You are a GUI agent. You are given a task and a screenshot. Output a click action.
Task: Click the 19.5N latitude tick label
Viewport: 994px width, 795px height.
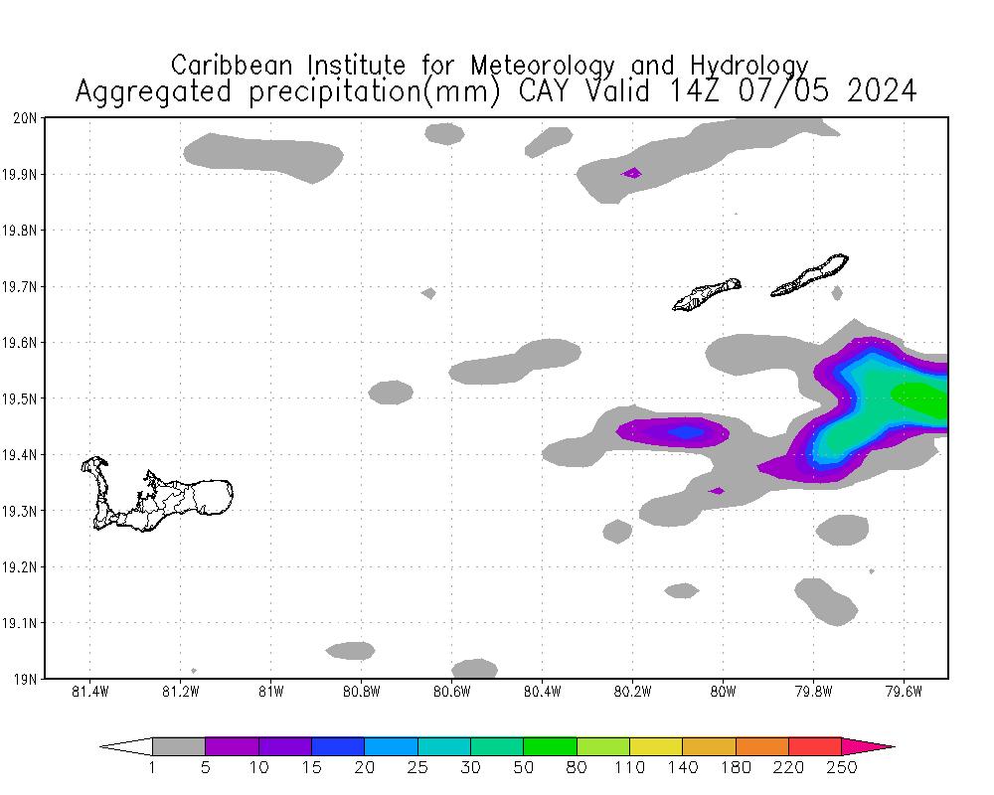[x=25, y=399]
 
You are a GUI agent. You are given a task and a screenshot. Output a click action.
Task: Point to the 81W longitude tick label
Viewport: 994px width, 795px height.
[x=270, y=692]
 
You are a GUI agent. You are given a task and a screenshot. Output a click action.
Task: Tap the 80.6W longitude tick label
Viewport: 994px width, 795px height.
[x=452, y=692]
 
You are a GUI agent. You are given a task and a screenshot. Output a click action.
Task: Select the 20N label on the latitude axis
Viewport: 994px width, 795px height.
[x=27, y=118]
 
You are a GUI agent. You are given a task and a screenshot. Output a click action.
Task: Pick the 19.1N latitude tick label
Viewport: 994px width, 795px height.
[x=25, y=624]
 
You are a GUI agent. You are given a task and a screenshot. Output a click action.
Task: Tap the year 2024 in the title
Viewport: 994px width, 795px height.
[x=879, y=91]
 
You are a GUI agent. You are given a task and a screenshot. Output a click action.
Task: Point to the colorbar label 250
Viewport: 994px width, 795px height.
[x=841, y=767]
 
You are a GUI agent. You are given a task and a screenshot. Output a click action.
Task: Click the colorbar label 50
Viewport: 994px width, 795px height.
[x=523, y=767]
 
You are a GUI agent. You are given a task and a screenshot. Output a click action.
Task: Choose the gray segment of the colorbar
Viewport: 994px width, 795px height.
[x=179, y=746]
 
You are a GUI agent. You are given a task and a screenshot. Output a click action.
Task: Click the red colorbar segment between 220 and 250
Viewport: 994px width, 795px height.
[x=815, y=746]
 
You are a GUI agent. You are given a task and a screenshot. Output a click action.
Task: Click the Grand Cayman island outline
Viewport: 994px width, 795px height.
[x=199, y=496]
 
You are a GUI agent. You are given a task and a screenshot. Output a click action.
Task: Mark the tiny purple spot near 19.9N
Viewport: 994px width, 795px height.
[x=631, y=173]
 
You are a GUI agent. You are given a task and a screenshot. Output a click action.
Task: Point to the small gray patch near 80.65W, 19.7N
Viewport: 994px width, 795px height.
[x=428, y=293]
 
